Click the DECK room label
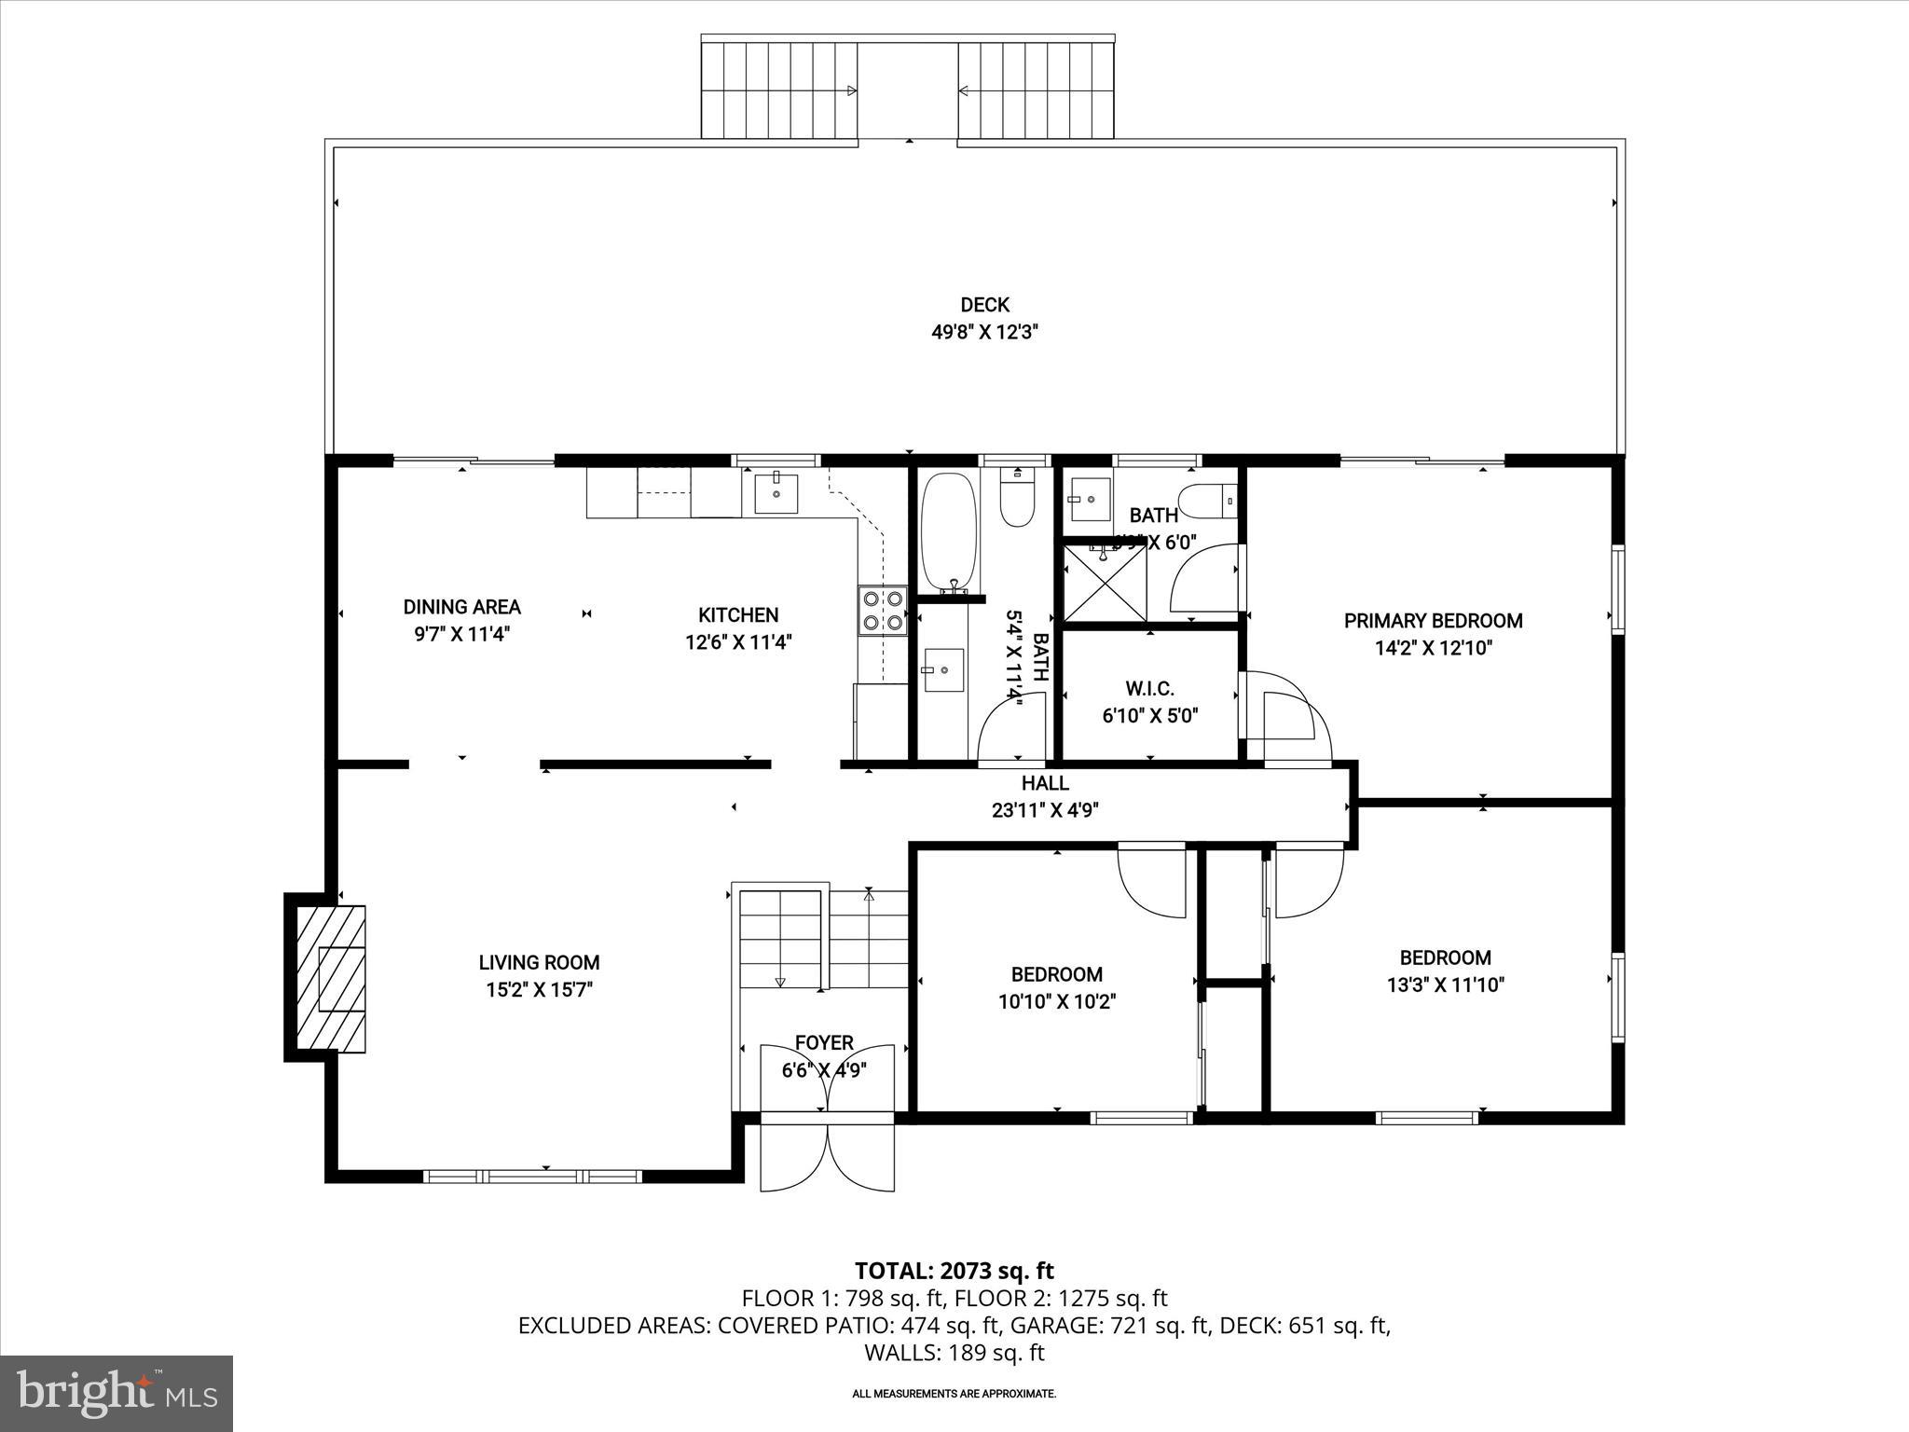tap(984, 305)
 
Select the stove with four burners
tap(883, 610)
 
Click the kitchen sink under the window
tap(776, 491)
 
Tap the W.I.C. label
tap(1149, 689)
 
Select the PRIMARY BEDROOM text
tap(1433, 621)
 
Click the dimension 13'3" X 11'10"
tap(1445, 984)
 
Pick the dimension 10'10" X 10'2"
tap(1056, 1001)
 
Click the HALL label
tap(1045, 783)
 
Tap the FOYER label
tap(824, 1042)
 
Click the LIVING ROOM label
tap(539, 962)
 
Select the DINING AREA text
tap(461, 607)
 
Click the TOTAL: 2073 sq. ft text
tap(954, 1271)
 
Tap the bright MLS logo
tap(117, 1393)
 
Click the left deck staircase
tap(779, 89)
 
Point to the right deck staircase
tap(1037, 89)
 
